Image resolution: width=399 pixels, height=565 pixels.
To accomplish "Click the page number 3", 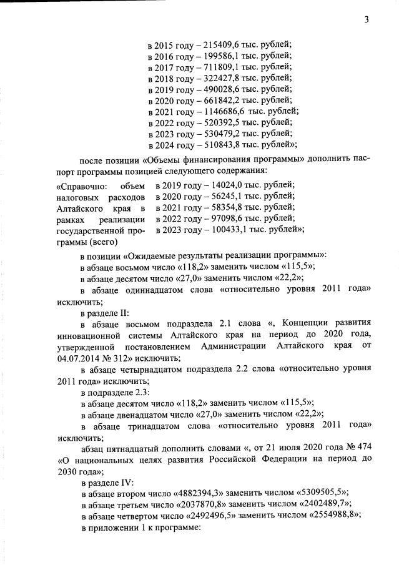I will pos(367,19).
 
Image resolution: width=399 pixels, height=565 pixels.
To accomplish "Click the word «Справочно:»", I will pos(81,185).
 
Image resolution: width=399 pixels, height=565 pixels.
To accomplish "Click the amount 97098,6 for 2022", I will pos(222,219).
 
